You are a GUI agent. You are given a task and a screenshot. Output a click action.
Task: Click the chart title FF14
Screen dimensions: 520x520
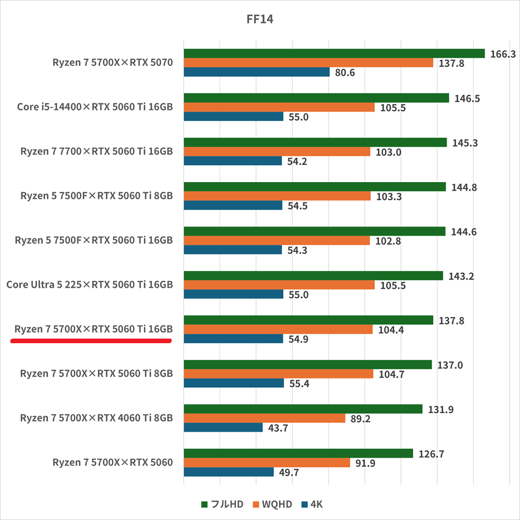click(259, 20)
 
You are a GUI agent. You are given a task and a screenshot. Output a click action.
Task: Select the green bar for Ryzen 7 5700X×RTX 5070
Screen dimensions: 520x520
click(334, 54)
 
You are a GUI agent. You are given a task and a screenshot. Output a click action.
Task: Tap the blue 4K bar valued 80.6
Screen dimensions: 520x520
click(257, 72)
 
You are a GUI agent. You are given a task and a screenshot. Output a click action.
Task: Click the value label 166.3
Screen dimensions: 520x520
click(502, 54)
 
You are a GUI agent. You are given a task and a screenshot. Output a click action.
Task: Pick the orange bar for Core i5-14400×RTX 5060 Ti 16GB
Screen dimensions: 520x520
click(279, 107)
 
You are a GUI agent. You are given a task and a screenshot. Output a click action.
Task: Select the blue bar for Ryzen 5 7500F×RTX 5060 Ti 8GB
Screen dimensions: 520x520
click(233, 206)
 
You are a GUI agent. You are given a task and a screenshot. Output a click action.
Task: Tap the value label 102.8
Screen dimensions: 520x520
click(388, 241)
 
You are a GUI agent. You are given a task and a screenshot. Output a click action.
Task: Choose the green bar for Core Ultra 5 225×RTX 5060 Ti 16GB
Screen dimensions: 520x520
click(313, 276)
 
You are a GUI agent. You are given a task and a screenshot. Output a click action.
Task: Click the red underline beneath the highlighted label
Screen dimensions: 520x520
click(91, 341)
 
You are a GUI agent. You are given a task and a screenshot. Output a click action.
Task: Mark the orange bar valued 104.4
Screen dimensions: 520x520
click(278, 329)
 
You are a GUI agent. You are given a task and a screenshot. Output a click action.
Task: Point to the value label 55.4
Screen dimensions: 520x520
click(298, 383)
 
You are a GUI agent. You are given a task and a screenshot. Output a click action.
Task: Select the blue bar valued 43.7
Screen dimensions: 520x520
click(223, 428)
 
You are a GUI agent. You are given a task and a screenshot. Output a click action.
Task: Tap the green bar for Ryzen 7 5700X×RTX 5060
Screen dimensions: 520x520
click(298, 454)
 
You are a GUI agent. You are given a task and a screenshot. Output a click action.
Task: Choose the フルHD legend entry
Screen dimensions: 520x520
click(222, 504)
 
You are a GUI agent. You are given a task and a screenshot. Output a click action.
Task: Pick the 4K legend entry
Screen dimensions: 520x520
click(312, 504)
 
